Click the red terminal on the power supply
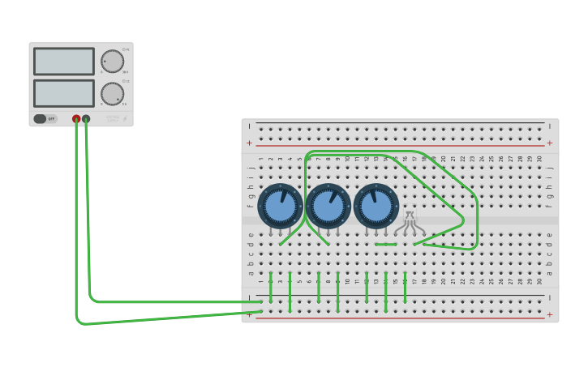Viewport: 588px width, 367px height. [76, 118]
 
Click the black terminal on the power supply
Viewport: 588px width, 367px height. [86, 118]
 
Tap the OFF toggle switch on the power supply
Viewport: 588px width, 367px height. [45, 118]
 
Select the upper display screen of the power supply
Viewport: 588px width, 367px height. [63, 62]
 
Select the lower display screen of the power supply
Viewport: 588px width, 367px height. [63, 93]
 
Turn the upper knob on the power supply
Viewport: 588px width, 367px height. [112, 62]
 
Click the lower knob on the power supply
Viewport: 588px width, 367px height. [112, 93]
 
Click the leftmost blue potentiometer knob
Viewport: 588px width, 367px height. [281, 206]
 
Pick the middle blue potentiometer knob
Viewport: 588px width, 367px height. [328, 206]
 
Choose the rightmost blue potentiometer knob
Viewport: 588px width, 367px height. [376, 206]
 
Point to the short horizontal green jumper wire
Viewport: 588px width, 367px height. [386, 244]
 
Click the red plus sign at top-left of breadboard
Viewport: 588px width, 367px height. [250, 143]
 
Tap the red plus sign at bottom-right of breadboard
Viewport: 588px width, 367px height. [550, 314]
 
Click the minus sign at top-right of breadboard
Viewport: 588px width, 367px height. [550, 126]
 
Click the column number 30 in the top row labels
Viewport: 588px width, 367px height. [539, 159]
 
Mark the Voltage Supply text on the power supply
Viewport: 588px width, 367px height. [113, 118]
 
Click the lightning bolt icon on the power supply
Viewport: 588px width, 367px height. [125, 118]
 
